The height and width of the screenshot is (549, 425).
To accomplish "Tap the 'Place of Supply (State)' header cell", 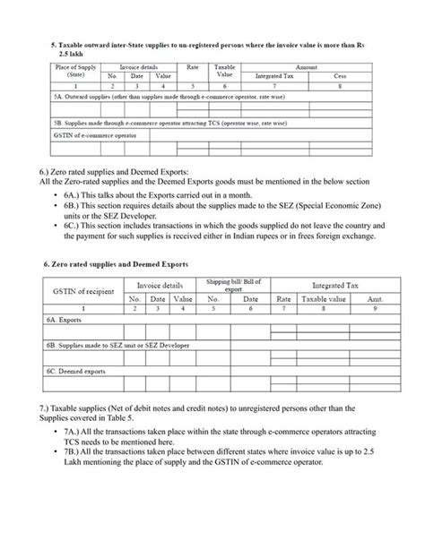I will click(x=76, y=71).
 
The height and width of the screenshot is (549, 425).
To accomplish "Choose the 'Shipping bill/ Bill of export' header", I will click(x=231, y=284).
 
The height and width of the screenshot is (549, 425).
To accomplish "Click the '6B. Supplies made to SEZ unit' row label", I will click(x=107, y=344).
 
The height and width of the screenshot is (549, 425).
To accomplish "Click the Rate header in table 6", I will click(x=283, y=297).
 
